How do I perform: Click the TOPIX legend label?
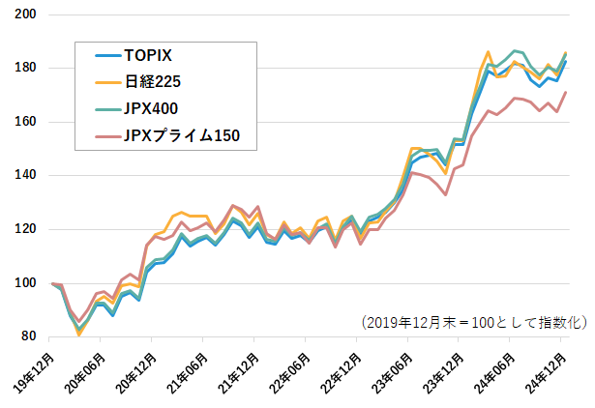[148, 55]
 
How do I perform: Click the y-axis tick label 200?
[26, 15]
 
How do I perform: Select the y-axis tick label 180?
[26, 68]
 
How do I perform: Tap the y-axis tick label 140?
[26, 175]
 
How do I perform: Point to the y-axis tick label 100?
[26, 282]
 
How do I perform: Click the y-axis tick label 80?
[29, 336]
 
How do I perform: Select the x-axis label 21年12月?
[242, 369]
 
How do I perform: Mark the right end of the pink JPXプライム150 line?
[566, 92]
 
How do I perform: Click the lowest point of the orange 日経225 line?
[79, 334]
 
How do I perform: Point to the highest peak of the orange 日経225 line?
[489, 51]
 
